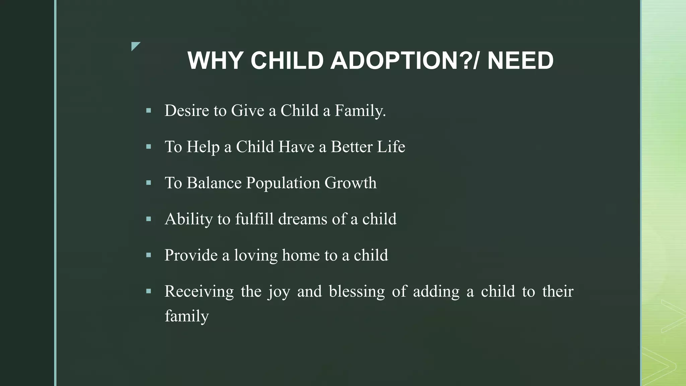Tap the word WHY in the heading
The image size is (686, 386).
pos(215,61)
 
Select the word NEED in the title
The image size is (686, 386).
pos(520,61)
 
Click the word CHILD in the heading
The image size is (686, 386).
pos(287,61)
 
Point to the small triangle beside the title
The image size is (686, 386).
pos(135,46)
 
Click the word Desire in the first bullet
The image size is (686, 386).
pos(187,111)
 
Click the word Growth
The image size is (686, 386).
pos(350,183)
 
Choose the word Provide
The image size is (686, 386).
pos(191,255)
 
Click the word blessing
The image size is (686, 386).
pos(357,292)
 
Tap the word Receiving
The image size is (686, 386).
pos(199,292)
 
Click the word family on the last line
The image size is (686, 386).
pos(187,316)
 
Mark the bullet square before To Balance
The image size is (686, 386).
pos(149,183)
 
